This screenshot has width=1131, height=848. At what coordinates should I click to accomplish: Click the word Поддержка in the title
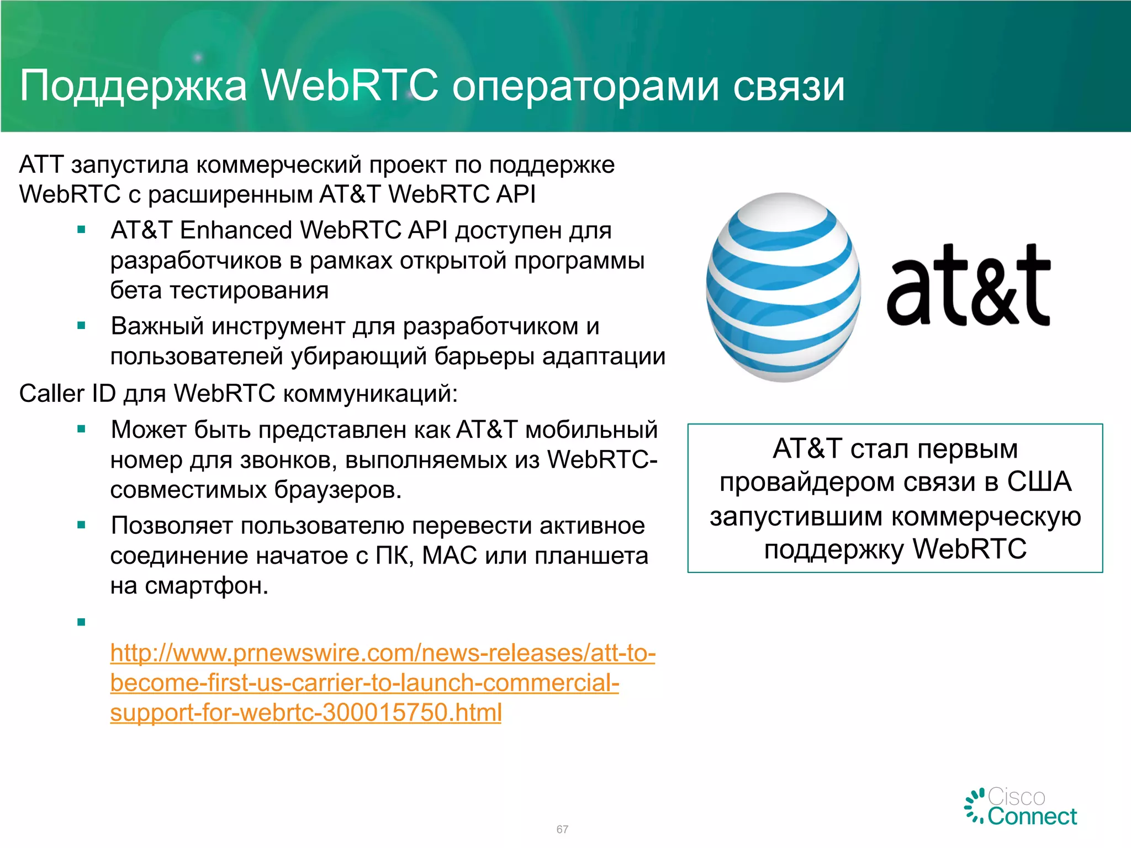(133, 87)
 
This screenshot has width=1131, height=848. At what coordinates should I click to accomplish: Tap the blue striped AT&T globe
(783, 287)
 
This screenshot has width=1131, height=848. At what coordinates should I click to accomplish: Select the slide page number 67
(562, 829)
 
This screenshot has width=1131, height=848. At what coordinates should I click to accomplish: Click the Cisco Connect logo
(1022, 807)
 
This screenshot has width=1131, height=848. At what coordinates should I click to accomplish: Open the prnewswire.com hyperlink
(382, 682)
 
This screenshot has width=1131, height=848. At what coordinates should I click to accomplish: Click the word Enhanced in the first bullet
(236, 230)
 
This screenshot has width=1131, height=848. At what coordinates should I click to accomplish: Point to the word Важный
(157, 326)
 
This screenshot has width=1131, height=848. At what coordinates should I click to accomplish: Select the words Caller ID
(67, 394)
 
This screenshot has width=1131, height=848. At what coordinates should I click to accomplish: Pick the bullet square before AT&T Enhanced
(82, 230)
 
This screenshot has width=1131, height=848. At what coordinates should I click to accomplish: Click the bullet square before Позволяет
(82, 525)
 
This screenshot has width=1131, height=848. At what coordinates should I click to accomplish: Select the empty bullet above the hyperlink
(82, 622)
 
